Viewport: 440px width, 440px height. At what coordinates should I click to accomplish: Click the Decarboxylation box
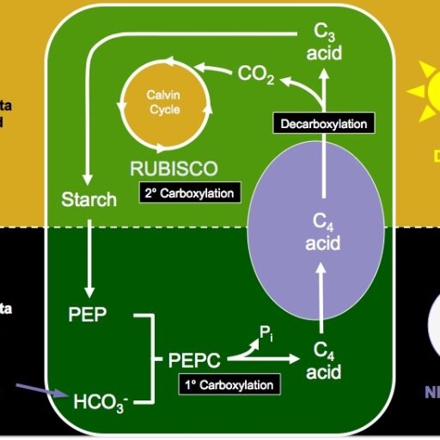click(x=324, y=124)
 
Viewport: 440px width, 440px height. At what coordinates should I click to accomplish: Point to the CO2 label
click(x=256, y=76)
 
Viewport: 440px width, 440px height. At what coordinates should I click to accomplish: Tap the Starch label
click(x=89, y=200)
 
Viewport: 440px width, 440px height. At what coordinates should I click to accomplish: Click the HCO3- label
click(x=100, y=401)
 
